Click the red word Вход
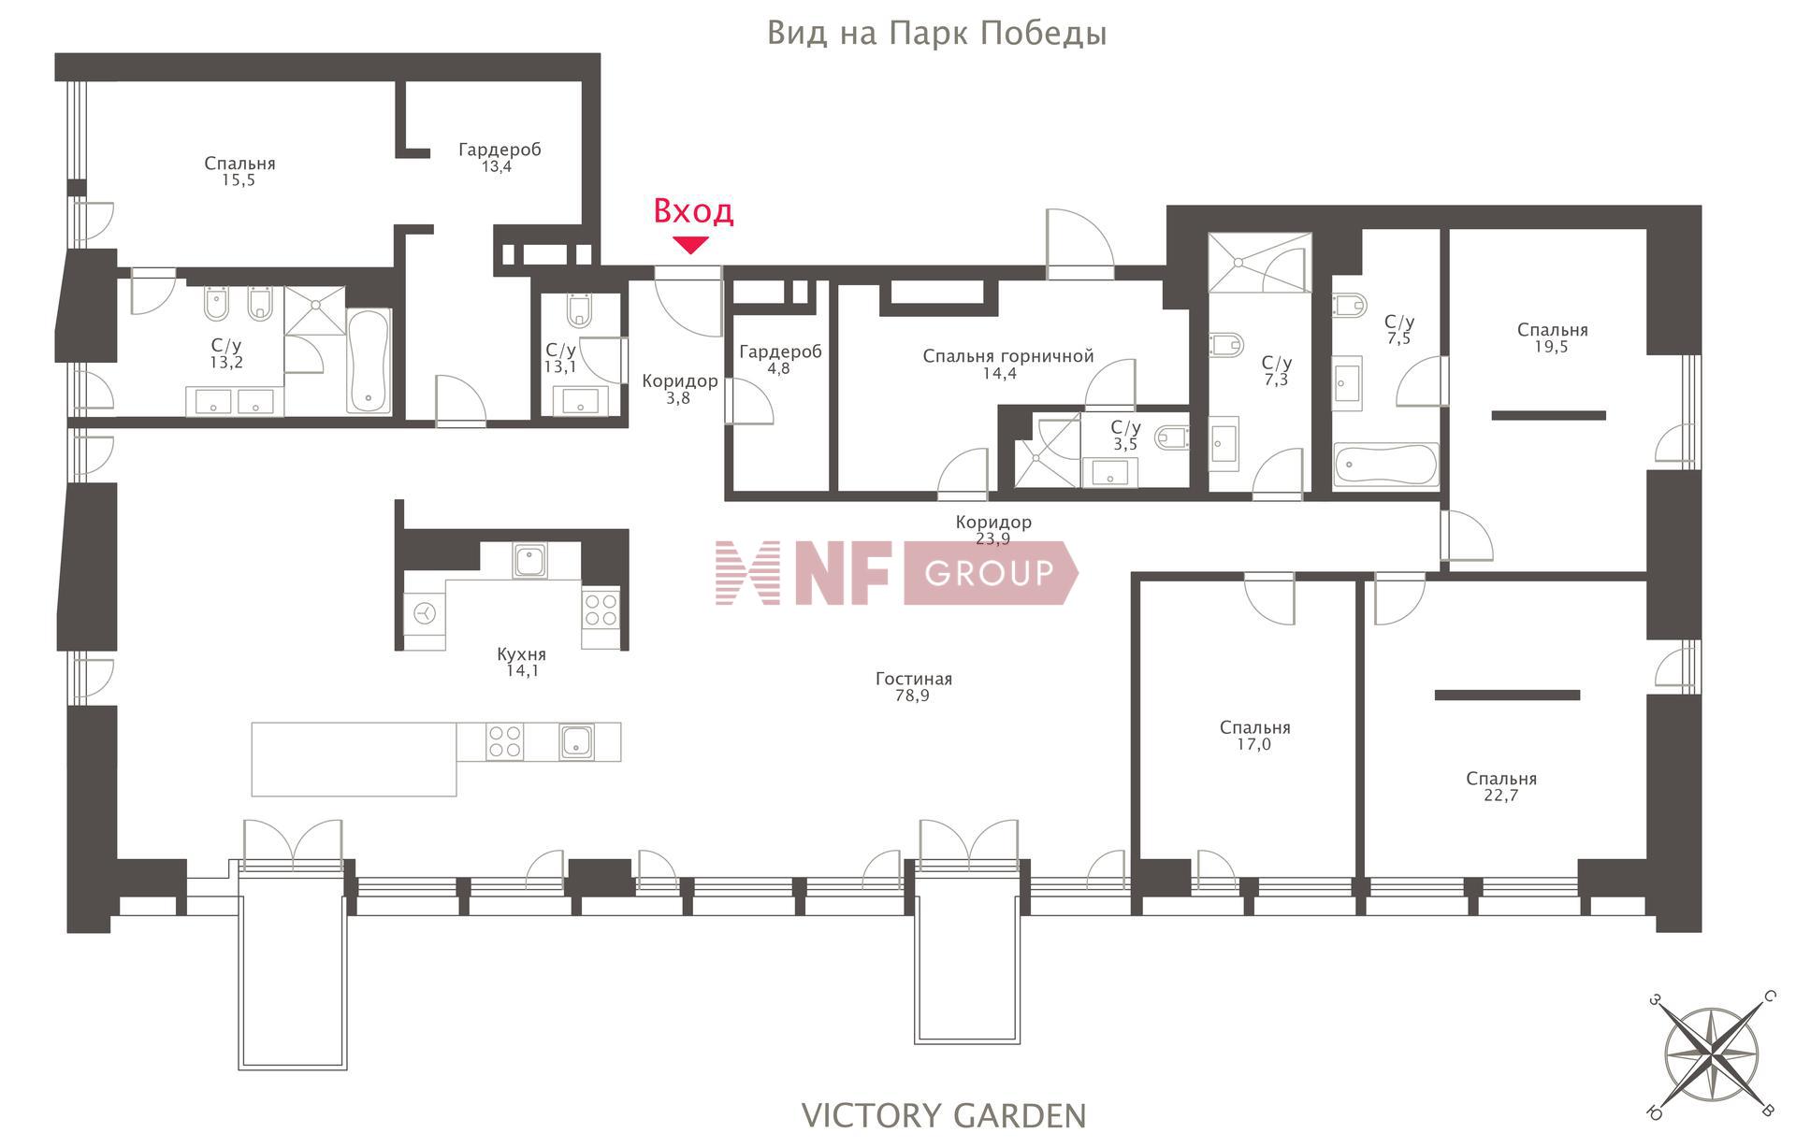click(693, 211)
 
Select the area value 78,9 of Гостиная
click(912, 696)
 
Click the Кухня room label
click(521, 654)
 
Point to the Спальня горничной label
click(1007, 356)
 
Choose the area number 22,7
click(1500, 796)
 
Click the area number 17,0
click(1254, 744)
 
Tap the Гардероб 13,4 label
click(499, 158)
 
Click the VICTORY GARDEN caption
click(944, 1115)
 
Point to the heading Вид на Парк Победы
click(936, 34)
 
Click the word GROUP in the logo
click(989, 572)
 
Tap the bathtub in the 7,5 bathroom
click(1385, 465)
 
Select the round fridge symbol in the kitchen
click(426, 613)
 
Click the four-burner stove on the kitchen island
click(504, 742)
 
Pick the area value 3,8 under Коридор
click(678, 397)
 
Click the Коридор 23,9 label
click(993, 530)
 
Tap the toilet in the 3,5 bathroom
click(1171, 437)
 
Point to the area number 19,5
click(1552, 346)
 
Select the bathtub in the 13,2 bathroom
click(369, 361)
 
